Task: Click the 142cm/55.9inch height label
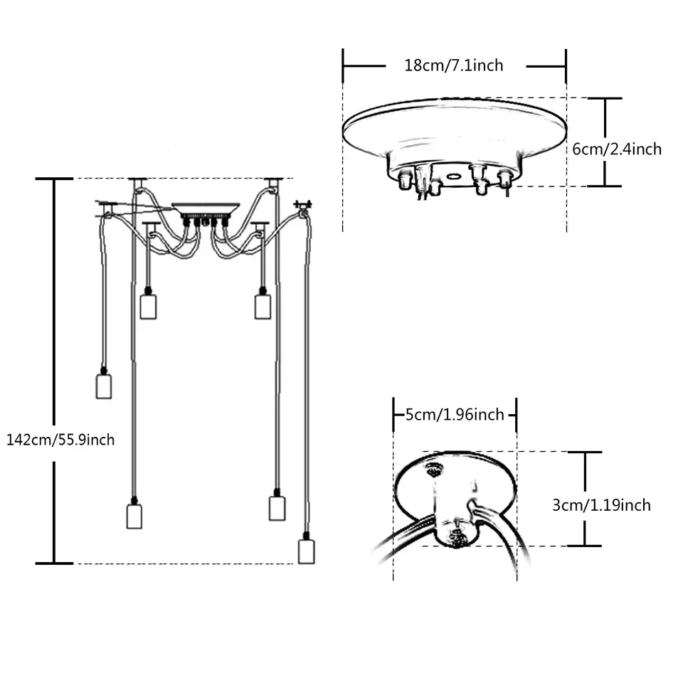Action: point(60,440)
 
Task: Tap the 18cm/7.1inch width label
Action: point(454,65)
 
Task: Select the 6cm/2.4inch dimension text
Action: point(617,149)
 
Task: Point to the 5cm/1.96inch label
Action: point(455,415)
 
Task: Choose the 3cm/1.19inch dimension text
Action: point(601,505)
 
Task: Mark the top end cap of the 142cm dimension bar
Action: point(55,179)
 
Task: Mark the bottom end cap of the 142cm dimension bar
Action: point(55,563)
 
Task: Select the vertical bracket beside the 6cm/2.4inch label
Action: point(605,142)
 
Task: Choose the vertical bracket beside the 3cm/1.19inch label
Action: point(585,498)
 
